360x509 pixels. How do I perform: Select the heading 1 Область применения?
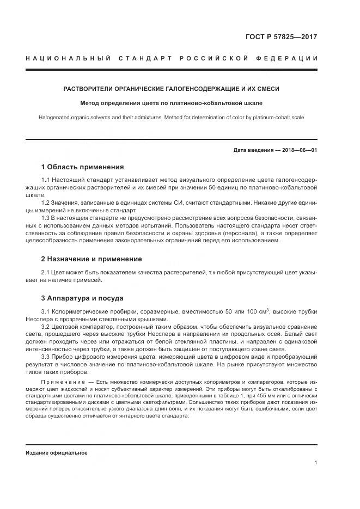click(x=82, y=167)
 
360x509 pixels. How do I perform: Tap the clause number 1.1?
click(x=46, y=180)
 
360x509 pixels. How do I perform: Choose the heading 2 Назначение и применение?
click(x=91, y=259)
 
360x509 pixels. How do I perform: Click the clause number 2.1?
click(x=46, y=272)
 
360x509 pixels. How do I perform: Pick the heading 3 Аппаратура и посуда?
click(x=82, y=298)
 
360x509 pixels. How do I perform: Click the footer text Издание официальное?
click(x=56, y=452)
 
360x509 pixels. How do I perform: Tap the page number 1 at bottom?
click(x=315, y=463)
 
